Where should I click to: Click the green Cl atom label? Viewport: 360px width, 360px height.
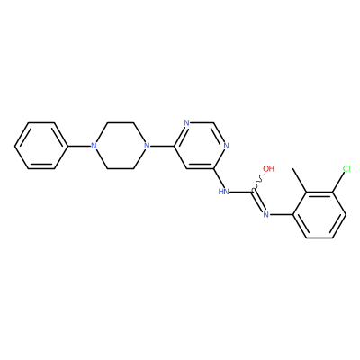pos(346,168)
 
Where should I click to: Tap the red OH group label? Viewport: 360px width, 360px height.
pos(268,168)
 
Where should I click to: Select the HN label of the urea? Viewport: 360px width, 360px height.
pos(223,192)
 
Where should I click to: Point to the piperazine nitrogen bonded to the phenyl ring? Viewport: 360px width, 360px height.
pos(94,146)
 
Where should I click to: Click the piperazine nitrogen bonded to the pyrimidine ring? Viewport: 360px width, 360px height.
pos(147,146)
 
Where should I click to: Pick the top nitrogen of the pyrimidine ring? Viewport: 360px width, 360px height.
pos(187,123)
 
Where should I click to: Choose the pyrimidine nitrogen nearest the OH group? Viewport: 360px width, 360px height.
pos(226,146)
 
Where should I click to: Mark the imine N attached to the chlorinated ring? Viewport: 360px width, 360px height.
pos(265,214)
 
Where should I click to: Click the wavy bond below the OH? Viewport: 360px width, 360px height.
pos(258,182)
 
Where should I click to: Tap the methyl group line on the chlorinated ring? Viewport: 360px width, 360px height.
pos(300,180)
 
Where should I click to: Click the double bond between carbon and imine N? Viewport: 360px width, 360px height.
pos(258,202)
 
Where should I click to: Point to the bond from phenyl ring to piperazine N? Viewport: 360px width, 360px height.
pos(78,146)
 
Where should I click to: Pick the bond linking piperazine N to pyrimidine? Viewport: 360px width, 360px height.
pos(161,146)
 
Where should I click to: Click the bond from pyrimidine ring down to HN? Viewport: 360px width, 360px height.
pos(219,178)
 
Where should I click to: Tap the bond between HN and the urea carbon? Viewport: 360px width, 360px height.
pos(241,192)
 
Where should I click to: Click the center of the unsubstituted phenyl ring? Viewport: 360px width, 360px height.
pos(40,146)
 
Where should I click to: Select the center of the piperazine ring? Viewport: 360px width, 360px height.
pos(120,146)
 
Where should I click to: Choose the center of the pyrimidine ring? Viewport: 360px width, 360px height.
pos(200,146)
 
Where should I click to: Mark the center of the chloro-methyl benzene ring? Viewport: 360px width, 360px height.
pos(319,215)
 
